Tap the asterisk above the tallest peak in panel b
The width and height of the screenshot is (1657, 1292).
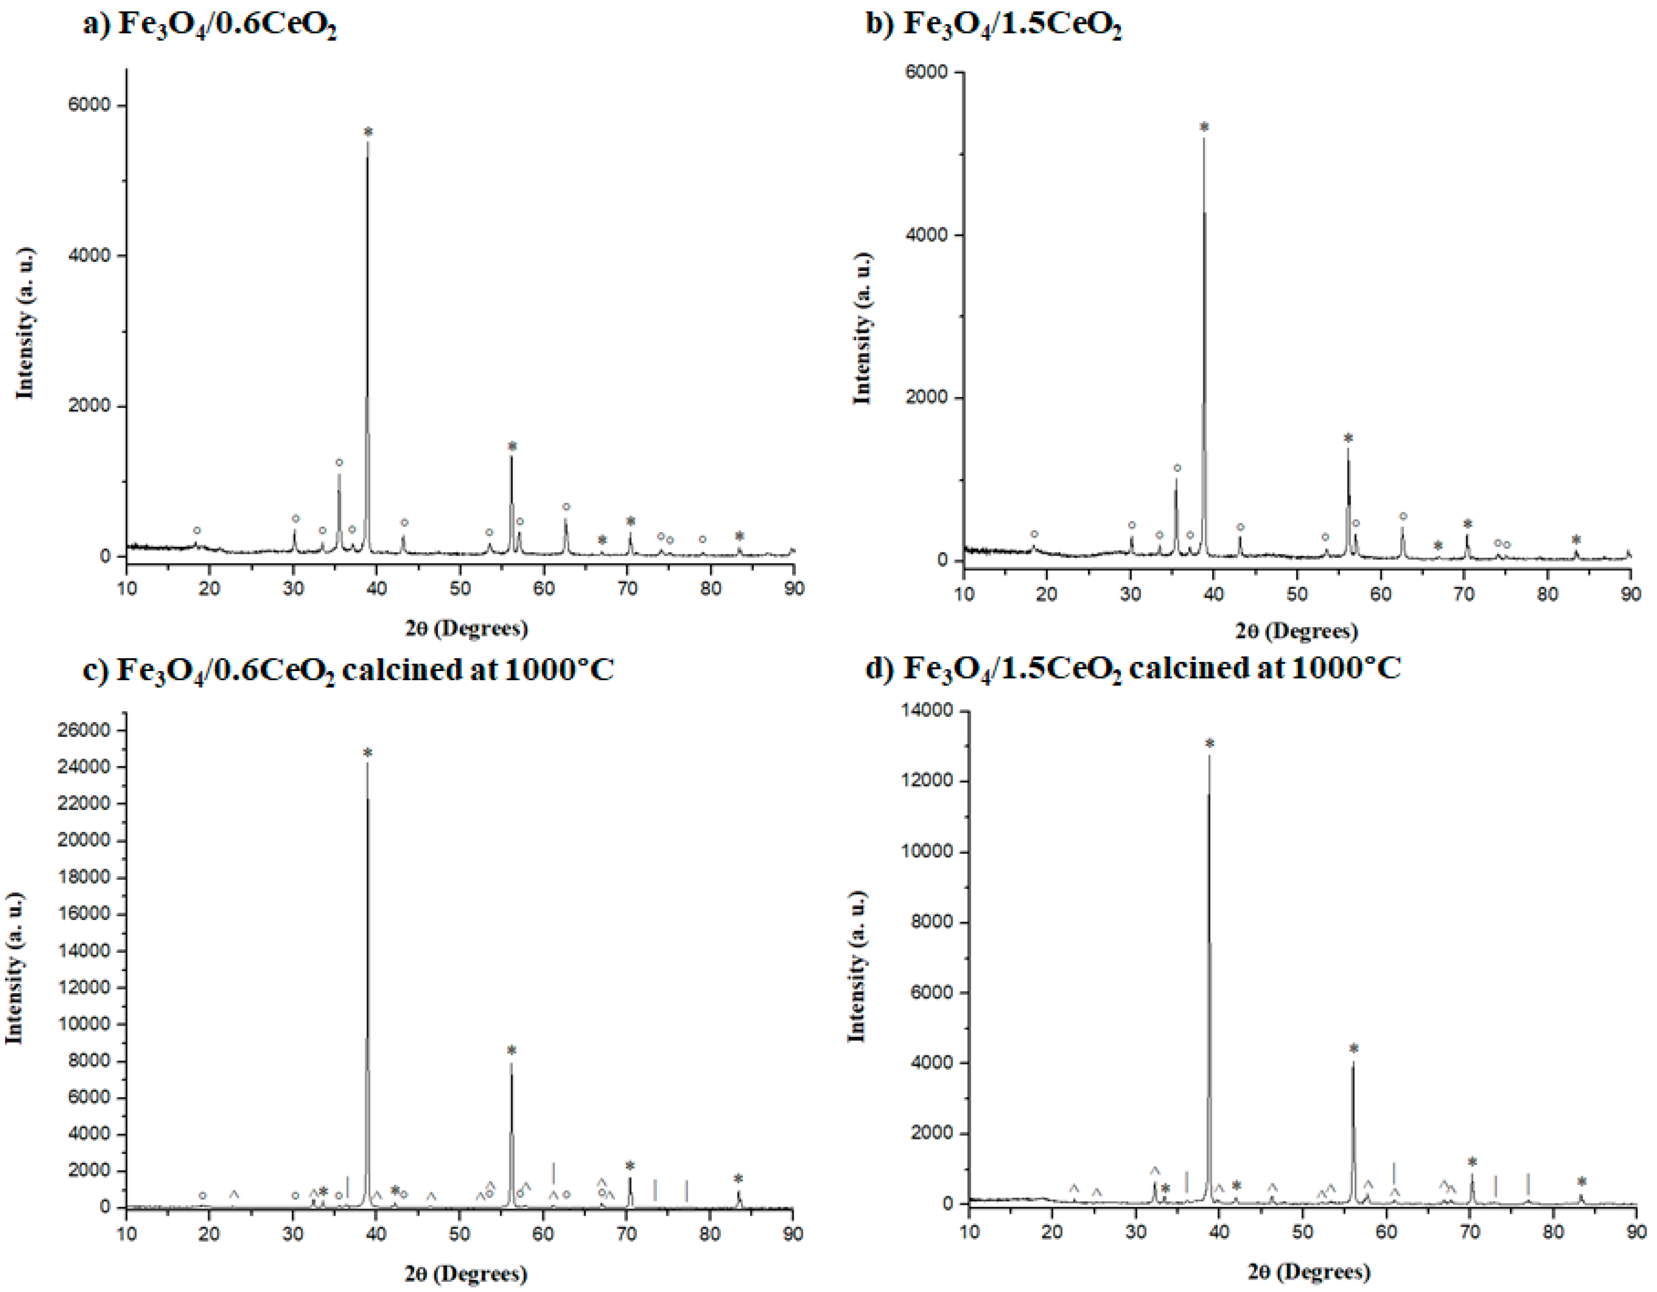tap(1204, 127)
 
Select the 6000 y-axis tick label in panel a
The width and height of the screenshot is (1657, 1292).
tap(90, 105)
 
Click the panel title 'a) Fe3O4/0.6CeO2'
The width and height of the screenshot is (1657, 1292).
tap(210, 26)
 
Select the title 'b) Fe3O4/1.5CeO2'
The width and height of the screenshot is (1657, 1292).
tap(994, 26)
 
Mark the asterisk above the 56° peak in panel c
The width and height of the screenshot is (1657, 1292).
tap(511, 1051)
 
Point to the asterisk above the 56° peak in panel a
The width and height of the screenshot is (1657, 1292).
tap(512, 446)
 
